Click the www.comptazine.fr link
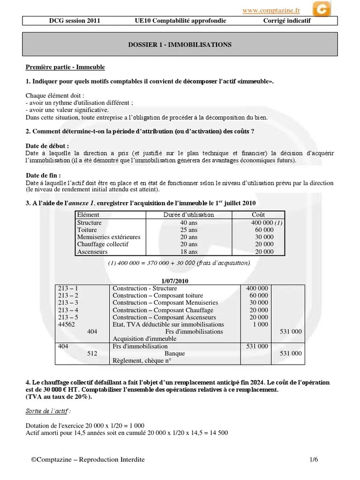point(271,10)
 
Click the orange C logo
point(321,9)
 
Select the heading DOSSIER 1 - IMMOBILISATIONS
point(180,45)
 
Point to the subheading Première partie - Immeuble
point(65,67)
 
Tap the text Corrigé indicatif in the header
point(286,21)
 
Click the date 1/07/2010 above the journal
point(180,280)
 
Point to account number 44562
point(67,324)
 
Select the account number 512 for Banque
point(92,353)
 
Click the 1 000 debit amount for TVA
point(260,324)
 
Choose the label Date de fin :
point(44,175)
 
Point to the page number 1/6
point(314,460)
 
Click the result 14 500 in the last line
point(218,433)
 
